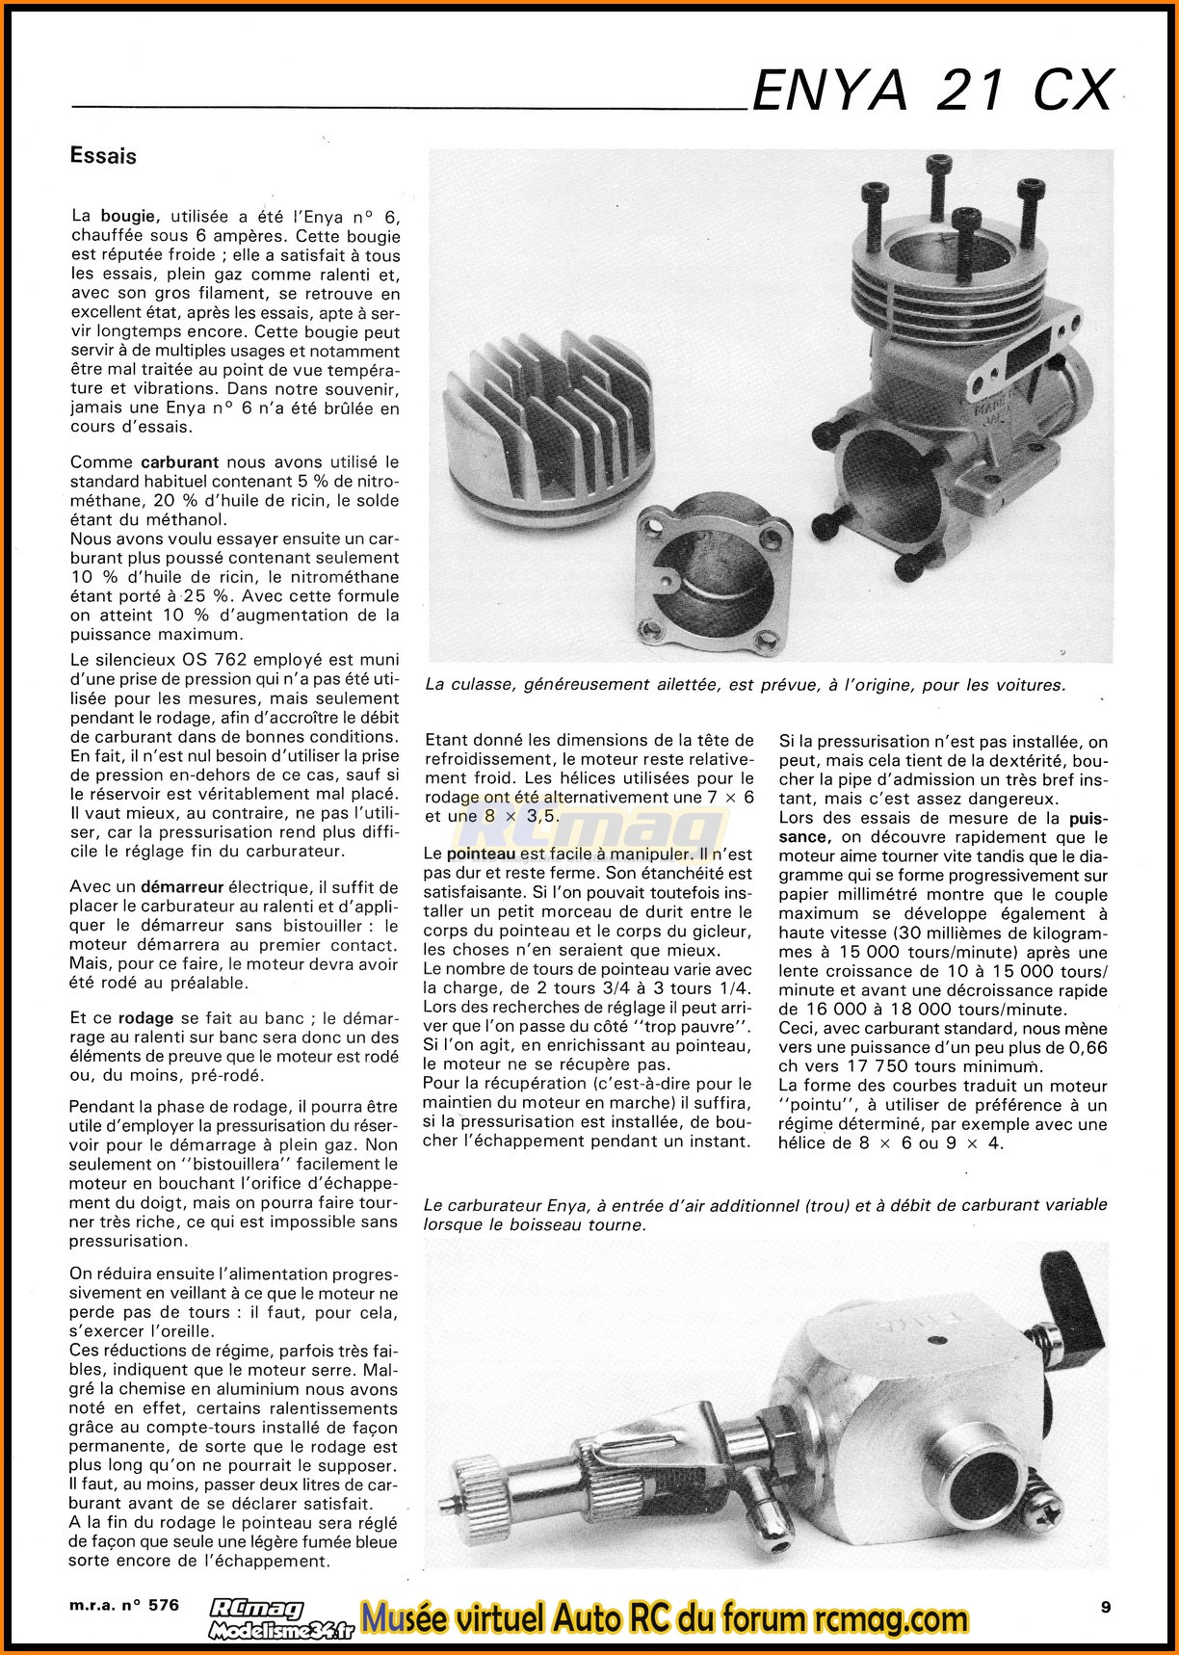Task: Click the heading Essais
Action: tap(103, 156)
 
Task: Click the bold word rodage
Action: tap(145, 1018)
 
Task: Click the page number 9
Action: tap(1105, 1606)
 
